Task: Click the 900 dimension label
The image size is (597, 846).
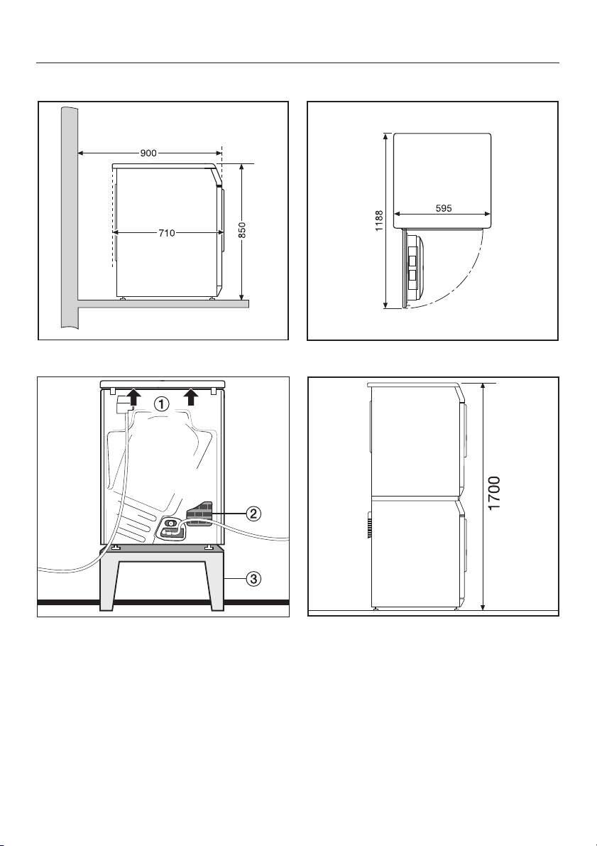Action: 148,153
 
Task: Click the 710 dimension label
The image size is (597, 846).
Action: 167,233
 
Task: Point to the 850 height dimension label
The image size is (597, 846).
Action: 242,230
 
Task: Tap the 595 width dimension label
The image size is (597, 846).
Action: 443,208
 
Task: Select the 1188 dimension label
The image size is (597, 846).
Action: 379,221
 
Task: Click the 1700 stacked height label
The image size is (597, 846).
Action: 494,492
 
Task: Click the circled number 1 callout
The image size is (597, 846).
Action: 160,403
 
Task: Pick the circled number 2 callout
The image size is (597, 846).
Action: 254,513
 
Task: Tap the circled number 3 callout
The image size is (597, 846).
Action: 254,579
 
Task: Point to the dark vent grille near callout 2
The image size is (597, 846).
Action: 199,513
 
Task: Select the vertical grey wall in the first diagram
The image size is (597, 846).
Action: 70,216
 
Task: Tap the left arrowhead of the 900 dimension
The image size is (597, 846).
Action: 82,153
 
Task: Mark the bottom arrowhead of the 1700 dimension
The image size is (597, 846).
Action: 483,607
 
